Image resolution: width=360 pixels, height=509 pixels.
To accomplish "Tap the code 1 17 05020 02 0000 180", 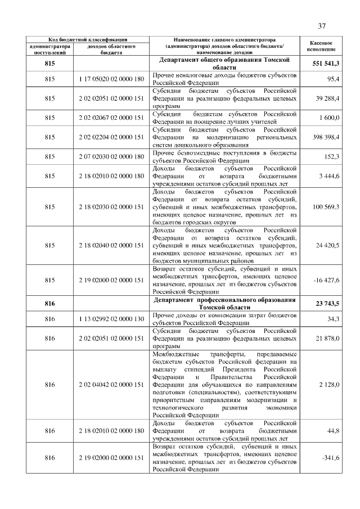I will tap(112, 79).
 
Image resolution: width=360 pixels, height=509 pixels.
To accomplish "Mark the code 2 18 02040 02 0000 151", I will tap(112, 245).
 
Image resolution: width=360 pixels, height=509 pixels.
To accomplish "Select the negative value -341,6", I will tap(330, 458).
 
